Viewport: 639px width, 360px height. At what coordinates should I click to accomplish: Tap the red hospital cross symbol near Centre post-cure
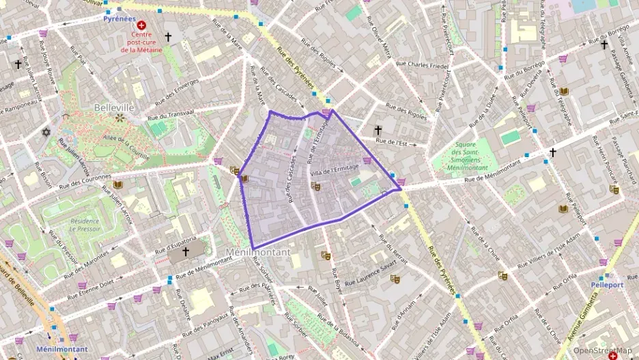(x=141, y=25)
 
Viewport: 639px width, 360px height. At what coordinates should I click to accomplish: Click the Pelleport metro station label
(x=607, y=283)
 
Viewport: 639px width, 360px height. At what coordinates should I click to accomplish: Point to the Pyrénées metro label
(x=119, y=19)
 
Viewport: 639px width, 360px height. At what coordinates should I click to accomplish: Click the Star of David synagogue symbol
(x=47, y=131)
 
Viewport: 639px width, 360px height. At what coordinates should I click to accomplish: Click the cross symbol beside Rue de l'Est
(x=378, y=130)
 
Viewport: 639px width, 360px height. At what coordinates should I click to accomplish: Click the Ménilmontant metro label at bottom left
(x=61, y=349)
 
